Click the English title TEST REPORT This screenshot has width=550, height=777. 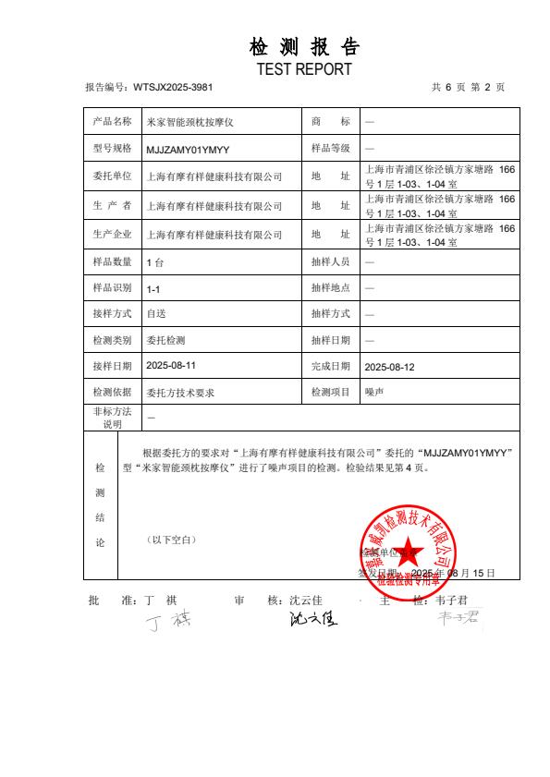[304, 69]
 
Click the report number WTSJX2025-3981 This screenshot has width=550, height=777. [173, 87]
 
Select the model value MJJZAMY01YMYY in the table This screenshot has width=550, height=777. [189, 149]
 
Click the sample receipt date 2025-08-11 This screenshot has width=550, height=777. [171, 366]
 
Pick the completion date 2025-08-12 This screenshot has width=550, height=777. [389, 367]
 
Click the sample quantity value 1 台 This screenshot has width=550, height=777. [155, 262]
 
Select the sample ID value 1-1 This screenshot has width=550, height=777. [153, 288]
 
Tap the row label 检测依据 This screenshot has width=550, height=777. [113, 393]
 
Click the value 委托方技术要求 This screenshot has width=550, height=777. [181, 393]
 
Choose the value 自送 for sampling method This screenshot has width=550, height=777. [156, 314]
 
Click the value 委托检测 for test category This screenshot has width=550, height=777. [166, 341]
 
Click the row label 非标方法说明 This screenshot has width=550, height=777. [113, 418]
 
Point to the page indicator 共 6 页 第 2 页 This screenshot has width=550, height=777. [468, 87]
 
